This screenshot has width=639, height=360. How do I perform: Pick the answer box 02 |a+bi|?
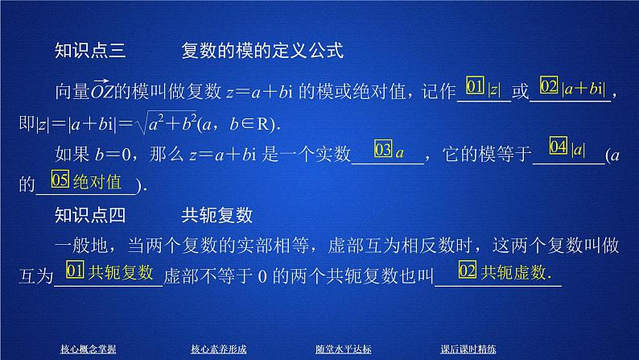[571, 88]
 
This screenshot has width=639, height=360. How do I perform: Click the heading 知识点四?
[85, 216]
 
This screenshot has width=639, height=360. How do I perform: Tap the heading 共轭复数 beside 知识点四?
[218, 216]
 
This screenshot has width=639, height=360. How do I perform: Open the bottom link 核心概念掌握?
[88, 349]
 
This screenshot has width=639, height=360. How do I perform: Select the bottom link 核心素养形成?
[218, 349]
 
